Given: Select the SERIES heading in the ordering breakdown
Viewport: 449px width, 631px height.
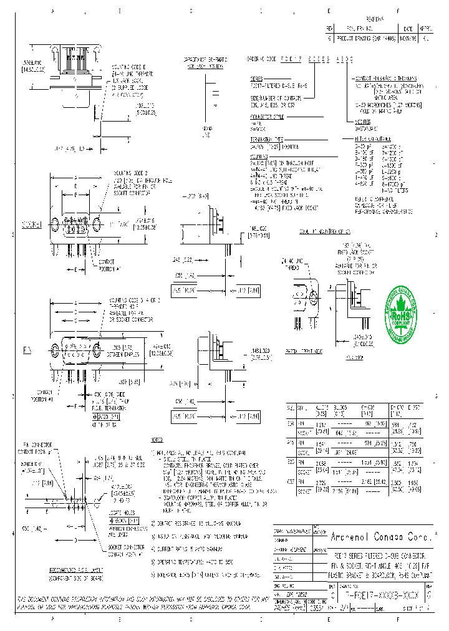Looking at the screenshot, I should tap(256, 80).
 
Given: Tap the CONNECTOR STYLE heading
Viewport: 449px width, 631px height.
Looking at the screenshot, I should tap(266, 117).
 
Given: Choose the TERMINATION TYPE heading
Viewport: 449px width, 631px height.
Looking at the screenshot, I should tap(266, 139).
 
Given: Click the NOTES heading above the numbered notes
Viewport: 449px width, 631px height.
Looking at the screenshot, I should tap(156, 440).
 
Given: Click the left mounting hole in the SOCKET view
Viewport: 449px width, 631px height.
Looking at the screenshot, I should tap(56, 223).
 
